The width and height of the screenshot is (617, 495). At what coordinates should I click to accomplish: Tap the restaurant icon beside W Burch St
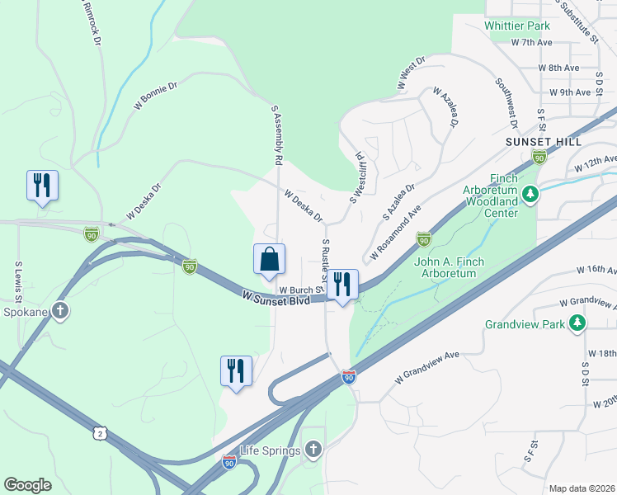click(342, 285)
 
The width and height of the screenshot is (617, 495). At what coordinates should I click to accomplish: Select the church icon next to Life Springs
click(312, 450)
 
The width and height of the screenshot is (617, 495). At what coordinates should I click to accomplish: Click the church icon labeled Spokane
click(59, 311)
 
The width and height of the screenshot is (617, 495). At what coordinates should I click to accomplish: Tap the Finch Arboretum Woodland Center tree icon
click(530, 196)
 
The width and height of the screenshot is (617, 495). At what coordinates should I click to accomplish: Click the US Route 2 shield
click(100, 433)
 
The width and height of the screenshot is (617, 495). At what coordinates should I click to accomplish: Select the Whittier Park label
click(517, 26)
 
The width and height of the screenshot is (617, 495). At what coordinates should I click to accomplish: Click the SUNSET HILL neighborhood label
click(538, 142)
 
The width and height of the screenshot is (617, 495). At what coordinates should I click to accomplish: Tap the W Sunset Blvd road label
click(276, 299)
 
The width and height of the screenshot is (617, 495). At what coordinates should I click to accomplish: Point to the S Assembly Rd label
click(277, 134)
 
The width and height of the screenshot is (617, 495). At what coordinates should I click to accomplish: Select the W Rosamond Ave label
click(395, 233)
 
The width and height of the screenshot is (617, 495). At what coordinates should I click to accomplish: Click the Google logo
click(27, 484)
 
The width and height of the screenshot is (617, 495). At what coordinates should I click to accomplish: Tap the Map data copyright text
click(582, 488)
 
